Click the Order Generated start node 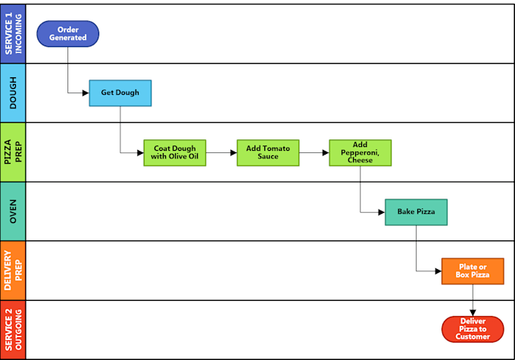67,33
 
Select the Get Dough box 120,93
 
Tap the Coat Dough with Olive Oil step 175,152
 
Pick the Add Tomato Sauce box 268,152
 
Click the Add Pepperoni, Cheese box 360,152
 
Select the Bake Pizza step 416,212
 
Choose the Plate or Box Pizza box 473,271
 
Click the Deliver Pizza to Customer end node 473,329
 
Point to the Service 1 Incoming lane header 13,33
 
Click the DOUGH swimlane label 13,93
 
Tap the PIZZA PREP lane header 13,152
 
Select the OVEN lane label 13,211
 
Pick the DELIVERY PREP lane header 13,271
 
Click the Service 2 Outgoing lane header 13,330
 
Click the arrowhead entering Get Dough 86,93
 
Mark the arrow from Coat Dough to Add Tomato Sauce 221,152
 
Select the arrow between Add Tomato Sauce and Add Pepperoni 314,152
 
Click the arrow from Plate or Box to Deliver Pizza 473,300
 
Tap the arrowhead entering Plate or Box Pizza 438,271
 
